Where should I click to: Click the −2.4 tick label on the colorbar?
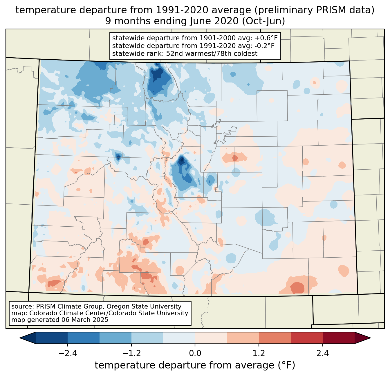[67, 353]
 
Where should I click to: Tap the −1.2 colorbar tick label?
[131, 353]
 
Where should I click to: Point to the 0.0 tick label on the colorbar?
[195, 353]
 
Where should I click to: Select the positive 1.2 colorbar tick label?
[259, 353]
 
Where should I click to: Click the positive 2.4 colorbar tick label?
[323, 353]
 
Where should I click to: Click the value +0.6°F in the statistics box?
[266, 38]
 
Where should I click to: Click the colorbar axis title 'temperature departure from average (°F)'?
[195, 365]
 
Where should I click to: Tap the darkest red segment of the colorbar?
[338, 338]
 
